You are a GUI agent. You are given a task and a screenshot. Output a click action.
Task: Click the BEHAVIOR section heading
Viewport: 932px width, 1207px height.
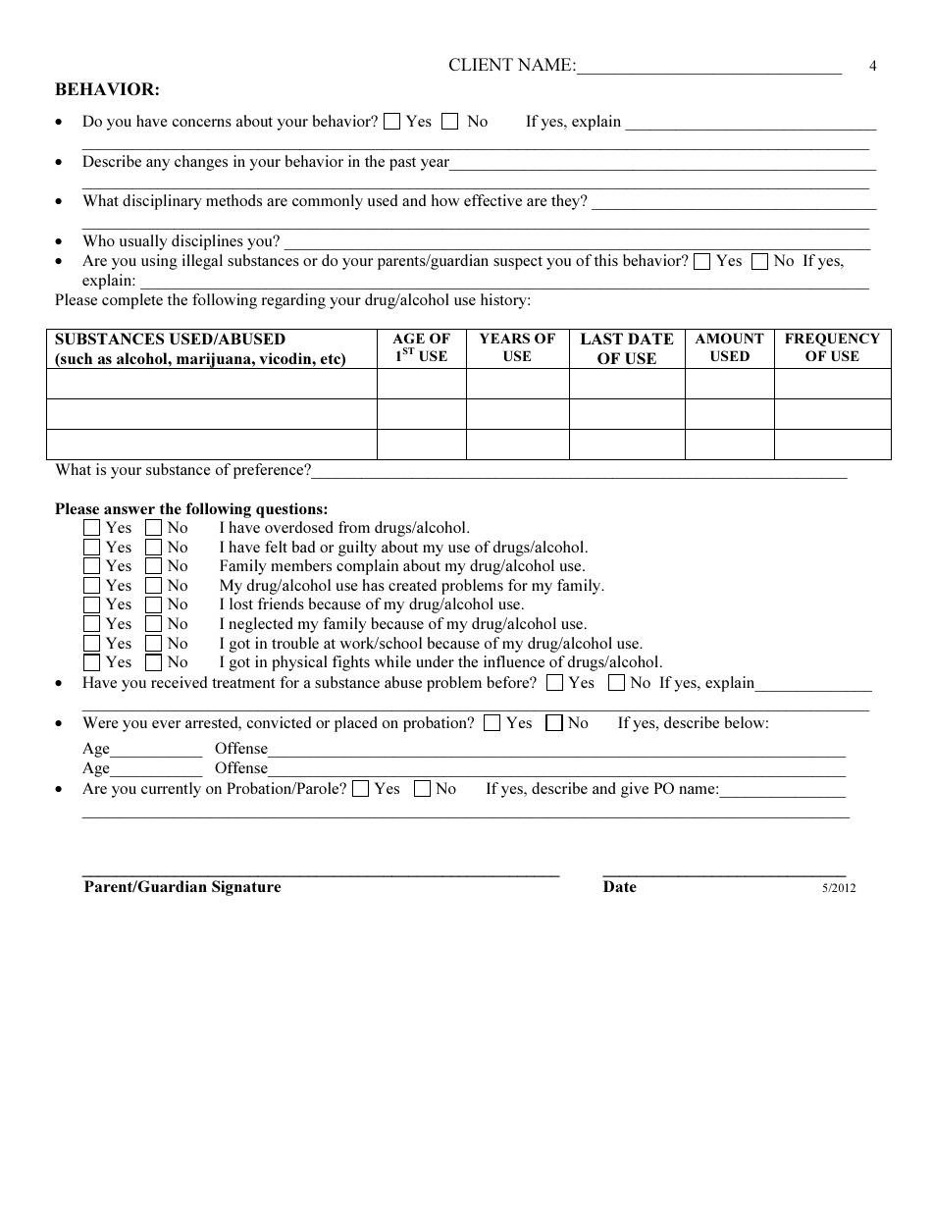pyautogui.click(x=107, y=89)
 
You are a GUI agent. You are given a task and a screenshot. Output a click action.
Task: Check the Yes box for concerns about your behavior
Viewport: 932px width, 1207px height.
pyautogui.click(x=391, y=122)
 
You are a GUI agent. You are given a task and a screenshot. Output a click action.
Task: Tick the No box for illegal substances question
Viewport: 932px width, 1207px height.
pyautogui.click(x=760, y=261)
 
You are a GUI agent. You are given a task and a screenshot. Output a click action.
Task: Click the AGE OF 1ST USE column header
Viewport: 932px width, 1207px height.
pyautogui.click(x=421, y=347)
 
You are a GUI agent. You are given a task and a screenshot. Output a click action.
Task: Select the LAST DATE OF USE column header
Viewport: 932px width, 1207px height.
pyautogui.click(x=626, y=348)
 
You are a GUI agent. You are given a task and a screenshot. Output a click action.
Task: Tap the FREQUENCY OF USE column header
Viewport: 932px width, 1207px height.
pyautogui.click(x=832, y=347)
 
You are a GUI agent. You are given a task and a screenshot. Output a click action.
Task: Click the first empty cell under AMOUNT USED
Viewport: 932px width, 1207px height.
pyautogui.click(x=729, y=384)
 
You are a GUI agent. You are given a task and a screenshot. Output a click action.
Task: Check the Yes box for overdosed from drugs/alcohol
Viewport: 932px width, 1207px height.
pyautogui.click(x=92, y=528)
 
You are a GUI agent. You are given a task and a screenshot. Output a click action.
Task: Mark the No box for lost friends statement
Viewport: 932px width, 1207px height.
pyautogui.click(x=153, y=604)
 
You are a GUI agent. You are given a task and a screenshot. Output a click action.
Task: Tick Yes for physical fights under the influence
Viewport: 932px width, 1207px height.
pyautogui.click(x=92, y=662)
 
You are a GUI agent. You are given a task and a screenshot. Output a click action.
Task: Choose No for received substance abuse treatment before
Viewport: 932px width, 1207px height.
pyautogui.click(x=617, y=683)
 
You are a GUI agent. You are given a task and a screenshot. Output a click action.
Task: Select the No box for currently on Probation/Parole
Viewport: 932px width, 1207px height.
pyautogui.click(x=423, y=789)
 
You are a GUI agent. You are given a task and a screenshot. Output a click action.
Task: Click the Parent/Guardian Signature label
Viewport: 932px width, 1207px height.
pyautogui.click(x=182, y=887)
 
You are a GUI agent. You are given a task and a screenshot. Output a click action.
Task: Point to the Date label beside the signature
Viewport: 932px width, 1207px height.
pyautogui.click(x=619, y=887)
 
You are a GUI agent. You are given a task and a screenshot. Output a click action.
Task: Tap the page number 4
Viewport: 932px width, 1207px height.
pyautogui.click(x=872, y=67)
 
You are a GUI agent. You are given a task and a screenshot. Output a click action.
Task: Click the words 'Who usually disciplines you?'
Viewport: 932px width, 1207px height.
pyautogui.click(x=181, y=241)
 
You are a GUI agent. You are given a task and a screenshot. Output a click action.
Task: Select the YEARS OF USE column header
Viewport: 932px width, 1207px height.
pyautogui.click(x=517, y=347)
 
